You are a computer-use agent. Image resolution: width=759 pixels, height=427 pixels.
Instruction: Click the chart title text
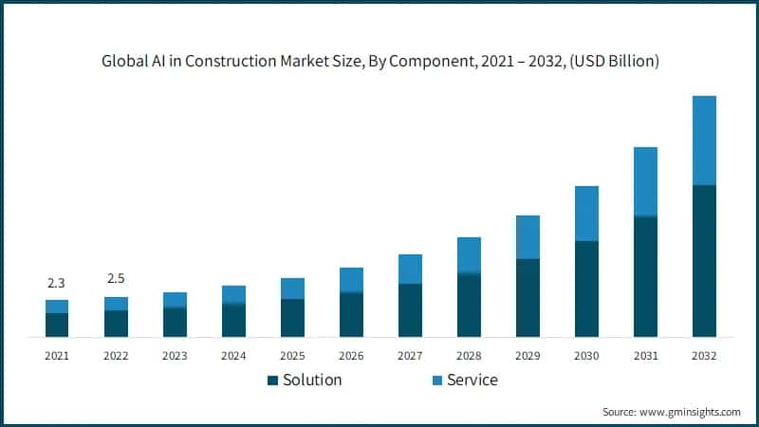pyautogui.click(x=379, y=62)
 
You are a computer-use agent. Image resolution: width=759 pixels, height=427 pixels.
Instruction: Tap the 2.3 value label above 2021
pyautogui.click(x=56, y=283)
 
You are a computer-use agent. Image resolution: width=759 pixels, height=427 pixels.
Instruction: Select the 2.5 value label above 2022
pyautogui.click(x=116, y=278)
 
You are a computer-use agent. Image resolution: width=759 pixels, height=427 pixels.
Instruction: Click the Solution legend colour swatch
pyautogui.click(x=273, y=381)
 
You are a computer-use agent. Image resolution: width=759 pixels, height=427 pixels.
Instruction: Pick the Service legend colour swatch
pyautogui.click(x=436, y=381)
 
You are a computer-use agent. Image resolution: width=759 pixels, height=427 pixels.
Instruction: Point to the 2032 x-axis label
pyautogui.click(x=704, y=356)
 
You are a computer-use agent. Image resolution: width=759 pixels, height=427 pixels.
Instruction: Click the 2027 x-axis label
pyautogui.click(x=410, y=356)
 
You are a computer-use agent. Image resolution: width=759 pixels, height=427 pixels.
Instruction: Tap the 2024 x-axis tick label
pyautogui.click(x=233, y=356)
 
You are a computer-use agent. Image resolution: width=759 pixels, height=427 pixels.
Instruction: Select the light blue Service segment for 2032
pyautogui.click(x=704, y=140)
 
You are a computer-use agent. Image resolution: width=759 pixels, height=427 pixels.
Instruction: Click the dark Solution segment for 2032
pyautogui.click(x=704, y=261)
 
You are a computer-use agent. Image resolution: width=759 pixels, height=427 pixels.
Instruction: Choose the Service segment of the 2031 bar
pyautogui.click(x=645, y=181)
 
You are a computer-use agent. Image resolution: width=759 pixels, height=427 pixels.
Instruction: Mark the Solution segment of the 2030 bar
pyautogui.click(x=586, y=288)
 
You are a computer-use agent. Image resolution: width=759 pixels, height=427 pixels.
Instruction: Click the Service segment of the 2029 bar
pyautogui.click(x=528, y=237)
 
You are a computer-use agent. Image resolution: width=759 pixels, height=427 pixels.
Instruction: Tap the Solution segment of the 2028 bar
pyautogui.click(x=469, y=305)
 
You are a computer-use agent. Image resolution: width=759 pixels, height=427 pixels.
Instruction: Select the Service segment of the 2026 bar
pyautogui.click(x=351, y=280)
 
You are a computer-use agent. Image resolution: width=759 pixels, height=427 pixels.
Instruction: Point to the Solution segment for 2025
pyautogui.click(x=292, y=318)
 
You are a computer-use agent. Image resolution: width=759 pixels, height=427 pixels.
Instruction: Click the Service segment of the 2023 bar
pyautogui.click(x=175, y=300)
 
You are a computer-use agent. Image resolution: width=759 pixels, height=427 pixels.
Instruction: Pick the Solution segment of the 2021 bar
pyautogui.click(x=57, y=325)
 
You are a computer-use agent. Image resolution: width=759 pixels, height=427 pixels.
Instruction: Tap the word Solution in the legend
pyautogui.click(x=312, y=381)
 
